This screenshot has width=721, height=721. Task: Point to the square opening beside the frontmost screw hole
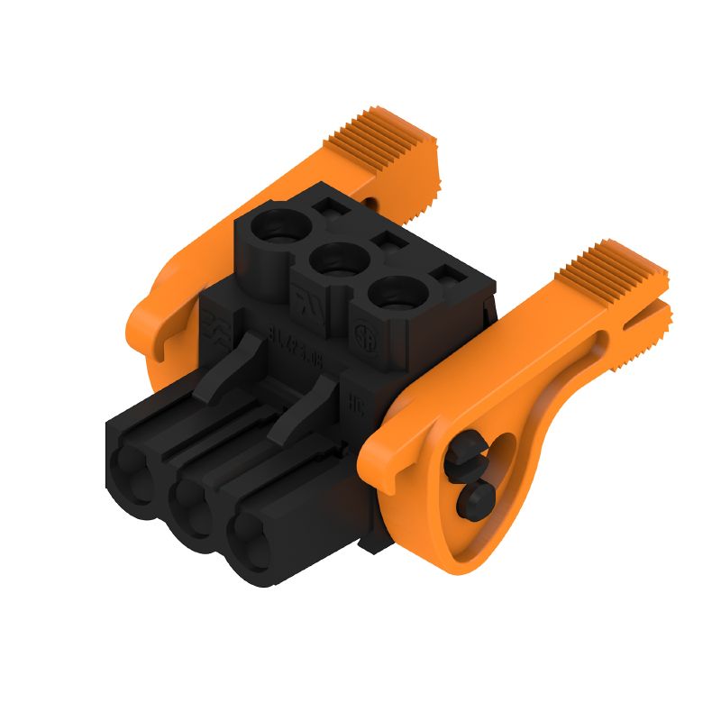pos(445,276)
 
